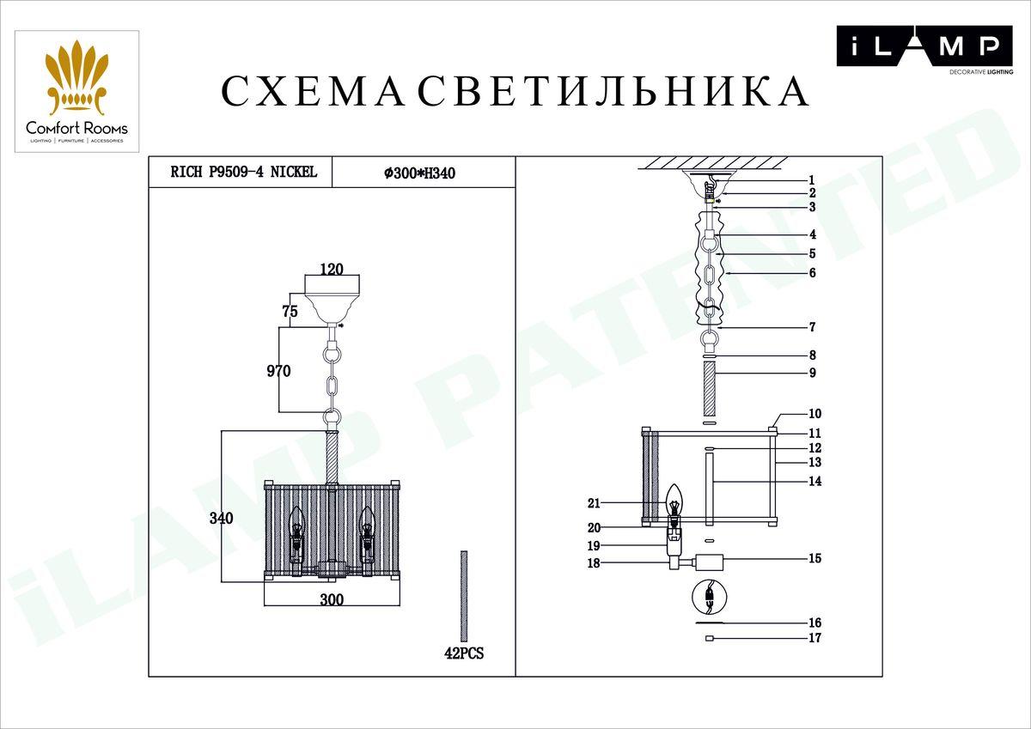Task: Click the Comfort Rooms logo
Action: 76,92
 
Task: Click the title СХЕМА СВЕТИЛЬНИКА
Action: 515,92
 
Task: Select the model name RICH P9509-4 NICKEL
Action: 244,173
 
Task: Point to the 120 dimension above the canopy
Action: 332,269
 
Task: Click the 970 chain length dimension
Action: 278,371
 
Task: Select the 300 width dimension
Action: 332,600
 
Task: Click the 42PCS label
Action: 464,653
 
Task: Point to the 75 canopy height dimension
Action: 290,312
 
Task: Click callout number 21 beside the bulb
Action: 595,503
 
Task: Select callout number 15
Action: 814,559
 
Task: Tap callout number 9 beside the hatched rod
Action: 812,374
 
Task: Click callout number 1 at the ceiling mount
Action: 811,180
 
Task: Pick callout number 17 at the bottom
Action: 814,638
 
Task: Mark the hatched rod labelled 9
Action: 710,389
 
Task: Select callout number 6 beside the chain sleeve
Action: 812,273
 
